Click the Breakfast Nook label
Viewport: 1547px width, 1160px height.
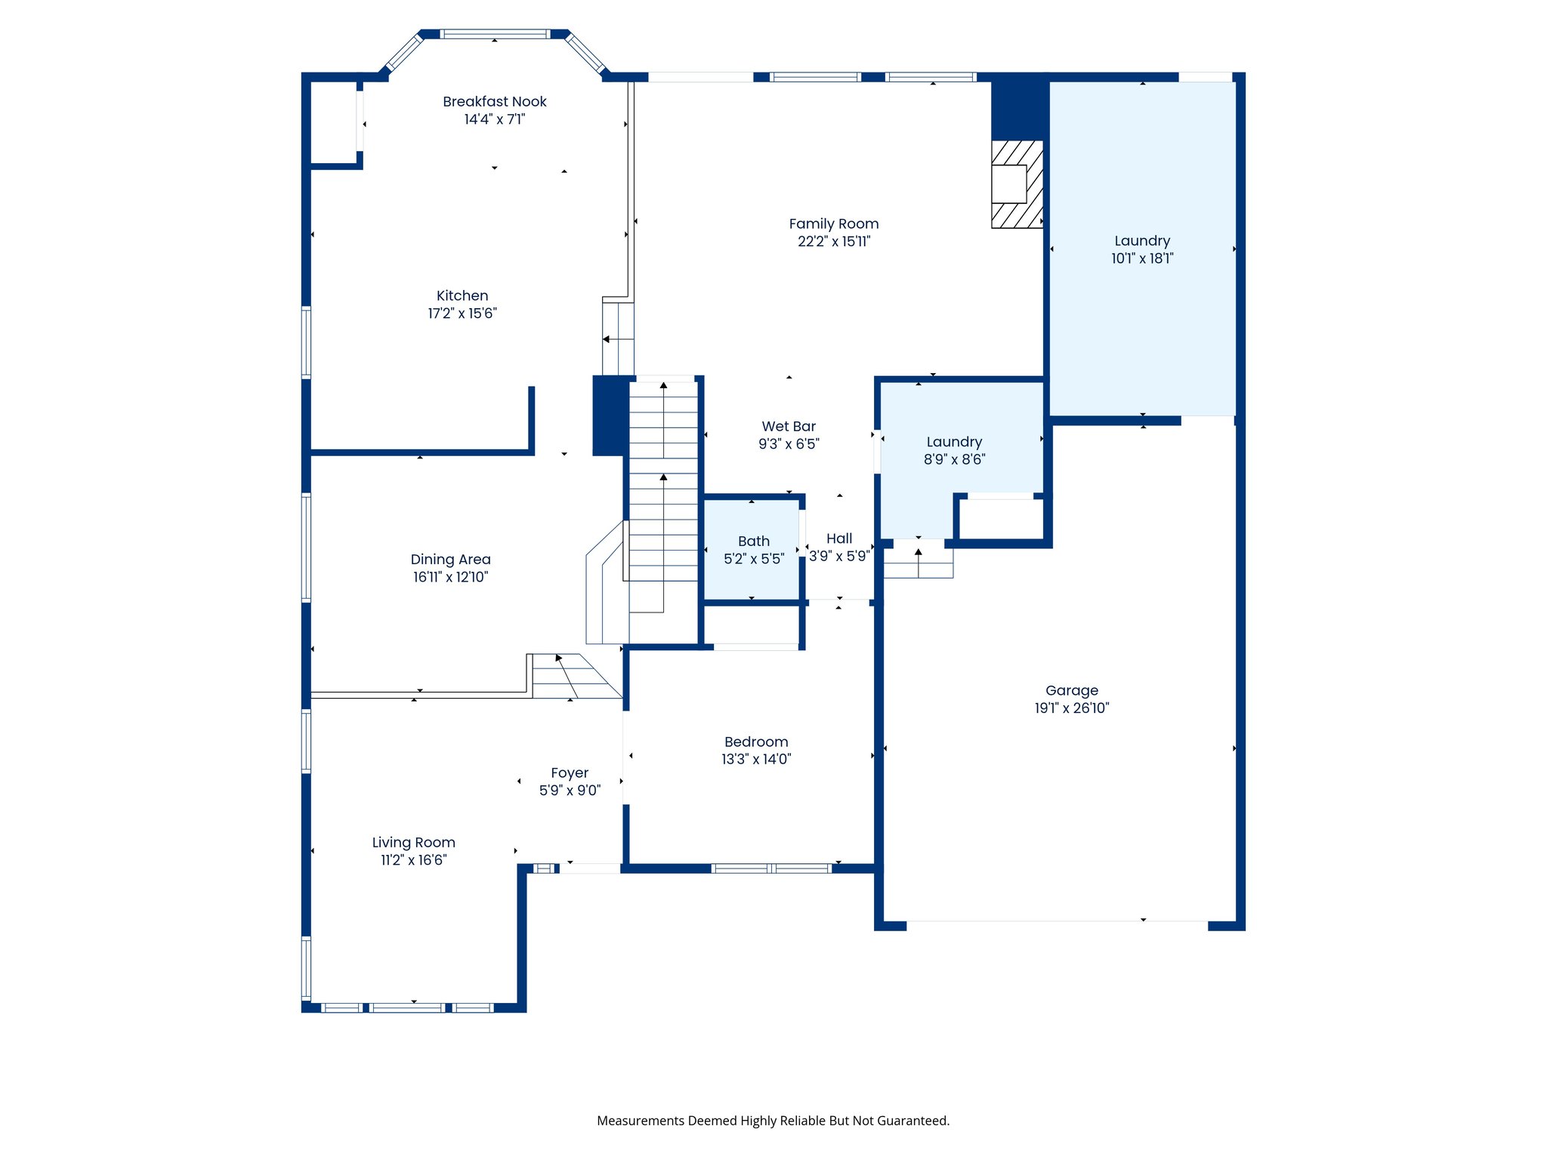[x=494, y=101]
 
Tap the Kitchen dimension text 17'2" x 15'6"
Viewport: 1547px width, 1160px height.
[x=462, y=313]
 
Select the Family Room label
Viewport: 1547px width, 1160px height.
[x=833, y=224]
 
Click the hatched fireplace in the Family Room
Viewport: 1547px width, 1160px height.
[x=1017, y=184]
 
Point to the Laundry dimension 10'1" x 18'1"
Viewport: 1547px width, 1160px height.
[x=1141, y=258]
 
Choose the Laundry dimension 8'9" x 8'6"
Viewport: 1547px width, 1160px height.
[x=954, y=459]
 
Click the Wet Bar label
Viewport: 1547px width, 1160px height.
[x=789, y=427]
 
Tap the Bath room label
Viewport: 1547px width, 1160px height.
[x=753, y=541]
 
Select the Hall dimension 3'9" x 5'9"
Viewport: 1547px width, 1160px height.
[x=838, y=557]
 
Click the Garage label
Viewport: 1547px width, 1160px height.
[x=1071, y=690]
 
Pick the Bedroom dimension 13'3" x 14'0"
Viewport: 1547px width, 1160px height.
[x=755, y=759]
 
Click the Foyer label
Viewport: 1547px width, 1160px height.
[x=569, y=773]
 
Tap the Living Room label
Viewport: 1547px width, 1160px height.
[x=413, y=842]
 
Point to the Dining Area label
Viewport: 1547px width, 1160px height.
[x=450, y=560]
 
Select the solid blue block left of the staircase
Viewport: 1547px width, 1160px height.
[x=609, y=415]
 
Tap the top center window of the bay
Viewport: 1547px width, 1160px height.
[x=494, y=34]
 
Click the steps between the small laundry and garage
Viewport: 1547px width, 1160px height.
[x=918, y=563]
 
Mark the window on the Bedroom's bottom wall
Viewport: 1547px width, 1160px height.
[x=770, y=868]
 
